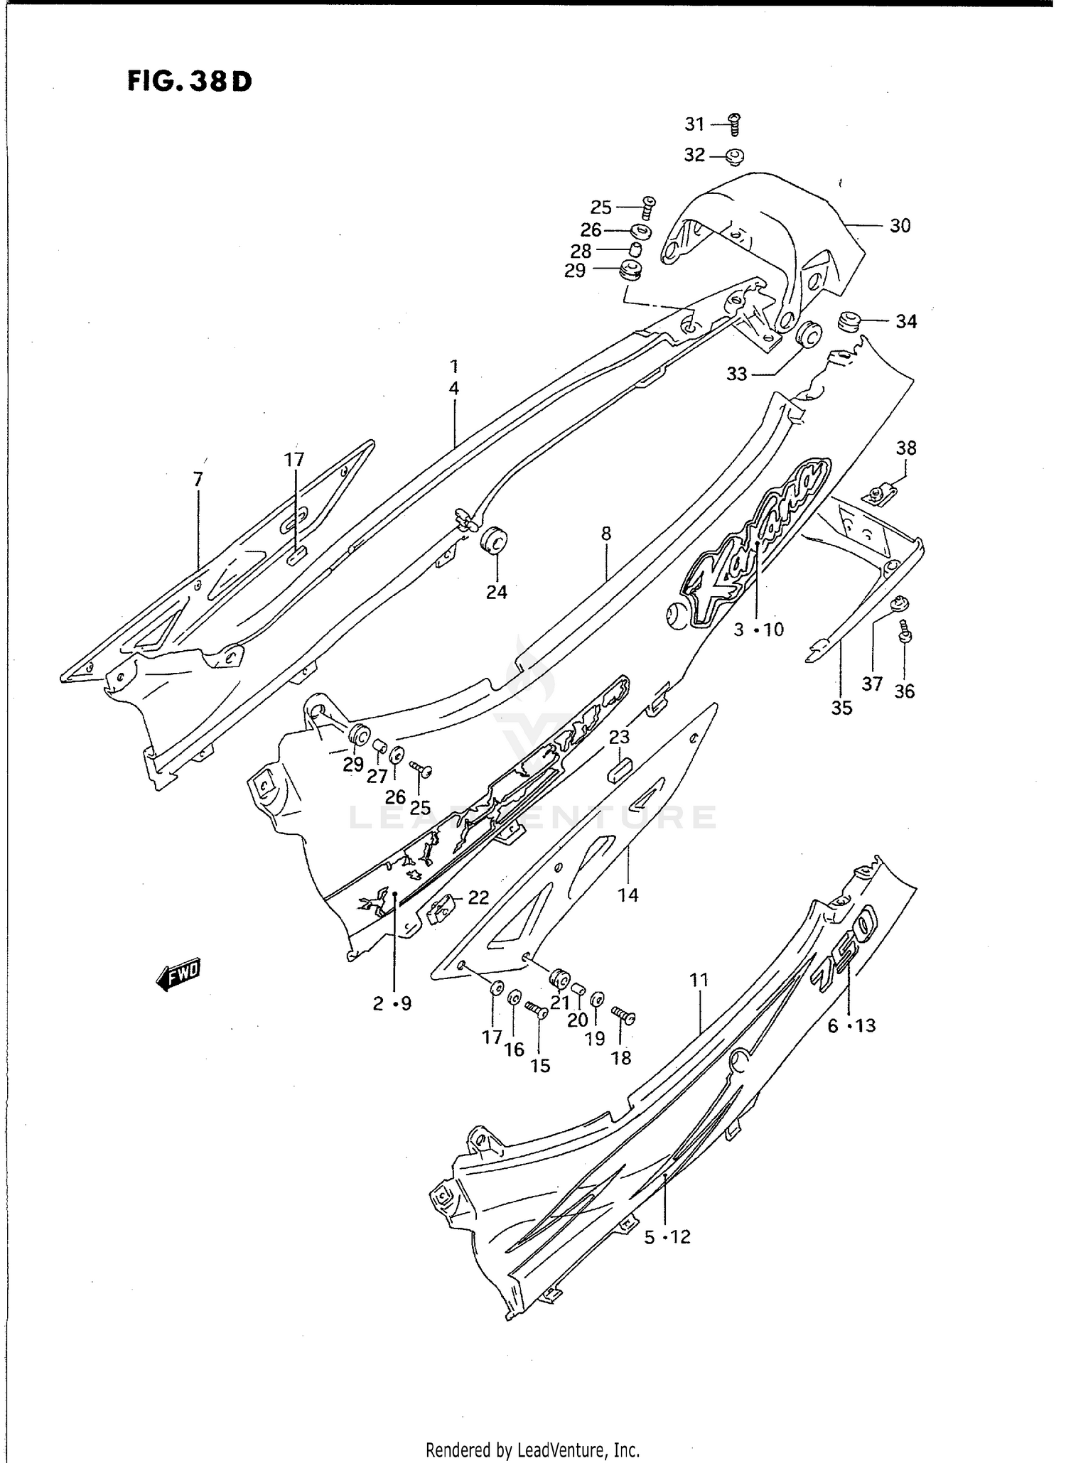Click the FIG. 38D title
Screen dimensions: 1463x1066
tap(190, 82)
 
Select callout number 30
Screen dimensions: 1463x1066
tap(900, 226)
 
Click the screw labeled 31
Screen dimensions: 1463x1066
tap(736, 125)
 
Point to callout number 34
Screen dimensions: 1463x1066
tap(905, 322)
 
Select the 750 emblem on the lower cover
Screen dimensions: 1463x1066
tap(846, 945)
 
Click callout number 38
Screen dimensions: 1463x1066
tap(905, 448)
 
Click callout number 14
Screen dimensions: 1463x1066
tap(628, 895)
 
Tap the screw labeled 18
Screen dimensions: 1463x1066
tap(623, 1017)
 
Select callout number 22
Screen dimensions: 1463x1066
tap(478, 897)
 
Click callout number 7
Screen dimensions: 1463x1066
tap(198, 480)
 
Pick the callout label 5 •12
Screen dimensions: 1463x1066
tap(667, 1237)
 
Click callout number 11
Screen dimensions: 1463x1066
tap(699, 981)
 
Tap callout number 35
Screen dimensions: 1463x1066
tap(841, 708)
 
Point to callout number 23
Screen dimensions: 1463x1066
tap(619, 737)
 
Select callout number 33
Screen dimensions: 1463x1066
tap(737, 374)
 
